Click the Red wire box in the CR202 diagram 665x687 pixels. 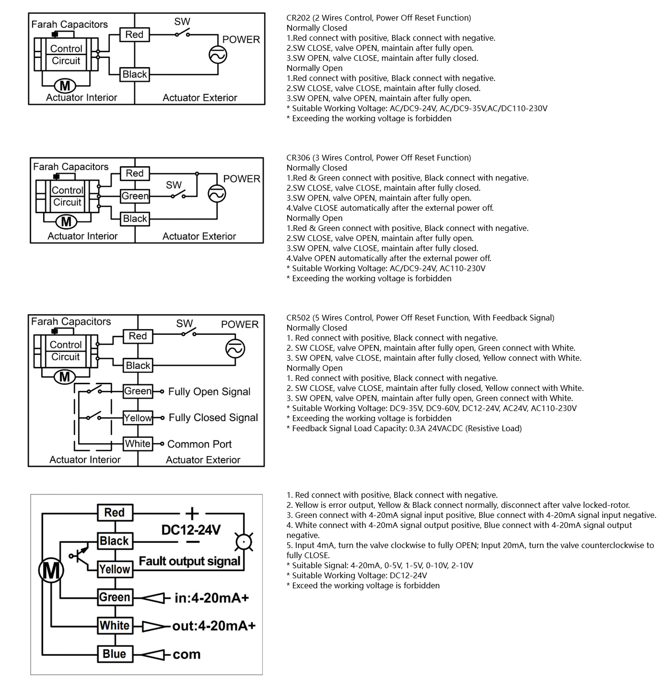pyautogui.click(x=134, y=34)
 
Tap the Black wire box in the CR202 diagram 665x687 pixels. pyautogui.click(x=135, y=74)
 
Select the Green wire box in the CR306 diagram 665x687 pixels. pyautogui.click(x=135, y=196)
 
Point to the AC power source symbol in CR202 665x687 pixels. pyautogui.click(x=217, y=54)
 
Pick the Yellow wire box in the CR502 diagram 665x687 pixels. pyautogui.click(x=138, y=418)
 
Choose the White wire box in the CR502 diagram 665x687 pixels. pyautogui.click(x=138, y=444)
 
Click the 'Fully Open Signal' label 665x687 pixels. pyautogui.click(x=209, y=391)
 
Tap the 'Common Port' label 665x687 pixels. pyautogui.click(x=199, y=444)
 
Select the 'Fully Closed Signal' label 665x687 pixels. pyautogui.click(x=213, y=418)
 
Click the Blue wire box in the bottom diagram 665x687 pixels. pyautogui.click(x=114, y=654)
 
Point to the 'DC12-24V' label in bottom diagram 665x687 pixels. pyautogui.click(x=191, y=530)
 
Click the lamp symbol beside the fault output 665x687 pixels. pyautogui.click(x=244, y=542)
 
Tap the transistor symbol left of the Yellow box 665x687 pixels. pyautogui.click(x=80, y=556)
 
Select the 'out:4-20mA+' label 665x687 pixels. pyautogui.click(x=214, y=626)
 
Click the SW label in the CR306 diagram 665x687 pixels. pyautogui.click(x=174, y=185)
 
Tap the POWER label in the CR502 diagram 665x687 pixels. pyautogui.click(x=240, y=324)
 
